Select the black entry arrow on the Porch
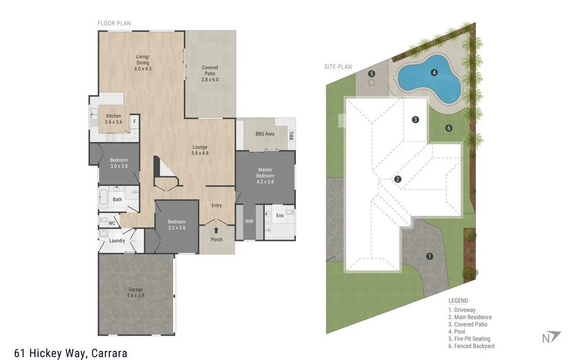coord(216,230)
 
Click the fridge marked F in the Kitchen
coord(135,122)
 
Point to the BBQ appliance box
coord(291,136)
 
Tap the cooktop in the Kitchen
coord(110,137)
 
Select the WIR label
coord(249,222)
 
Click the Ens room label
coord(280,215)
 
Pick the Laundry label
coord(117,241)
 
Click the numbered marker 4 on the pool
coord(434,73)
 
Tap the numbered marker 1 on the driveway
coord(430,256)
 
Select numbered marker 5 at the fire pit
coord(372,74)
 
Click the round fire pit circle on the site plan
coord(372,83)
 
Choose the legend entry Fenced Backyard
coord(472,346)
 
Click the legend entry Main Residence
coord(470,317)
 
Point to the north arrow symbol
coord(551,337)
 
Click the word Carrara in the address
coord(109,353)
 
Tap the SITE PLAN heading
coord(338,67)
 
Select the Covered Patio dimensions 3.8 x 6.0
coord(210,79)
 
